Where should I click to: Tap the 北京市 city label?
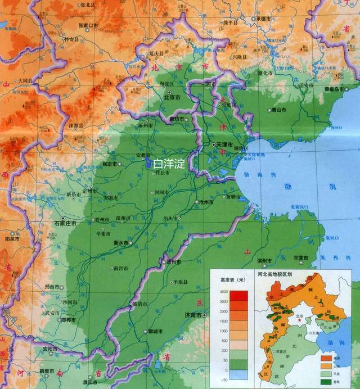[x=172, y=97]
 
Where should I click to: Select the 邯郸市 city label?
[x=70, y=320]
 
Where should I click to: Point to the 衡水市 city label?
[x=121, y=243]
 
